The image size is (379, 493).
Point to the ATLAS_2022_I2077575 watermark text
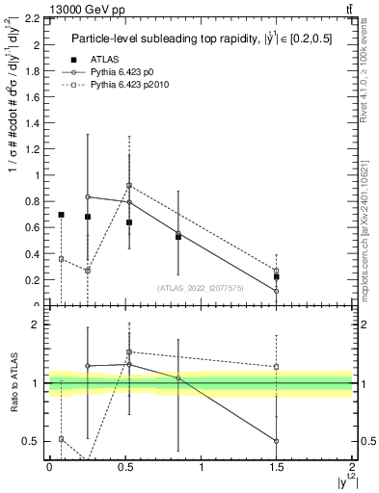pos(200,287)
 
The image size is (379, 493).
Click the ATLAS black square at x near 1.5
pos(277,276)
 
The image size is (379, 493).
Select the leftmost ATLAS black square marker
pos(61,215)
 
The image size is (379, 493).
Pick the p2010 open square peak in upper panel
pos(129,186)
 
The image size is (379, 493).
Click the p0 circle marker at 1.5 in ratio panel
pos(277,441)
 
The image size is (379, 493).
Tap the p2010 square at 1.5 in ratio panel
pos(277,367)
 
